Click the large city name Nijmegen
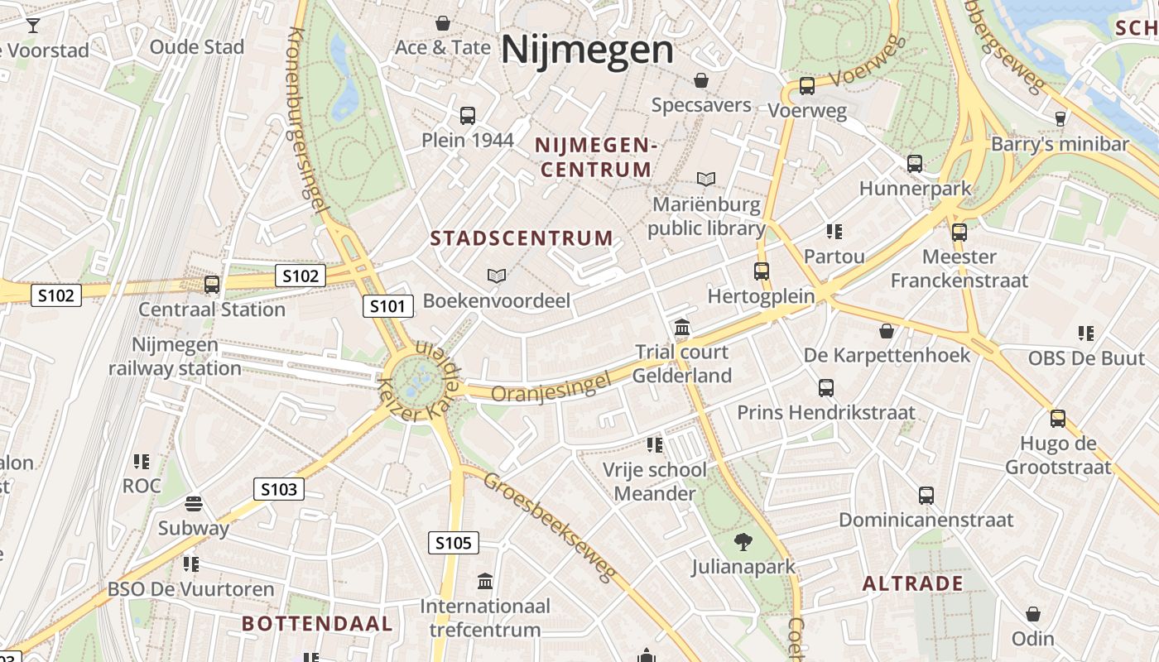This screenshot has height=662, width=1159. (587, 49)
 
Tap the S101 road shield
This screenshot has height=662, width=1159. (387, 307)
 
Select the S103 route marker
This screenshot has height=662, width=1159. (278, 489)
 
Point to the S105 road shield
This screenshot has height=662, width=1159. (453, 543)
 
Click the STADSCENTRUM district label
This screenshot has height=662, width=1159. (522, 239)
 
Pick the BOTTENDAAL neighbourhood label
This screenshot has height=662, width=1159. (317, 624)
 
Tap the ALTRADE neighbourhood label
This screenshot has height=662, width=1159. (912, 584)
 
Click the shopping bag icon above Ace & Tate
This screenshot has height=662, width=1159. (443, 23)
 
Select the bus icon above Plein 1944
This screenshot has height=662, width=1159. (468, 116)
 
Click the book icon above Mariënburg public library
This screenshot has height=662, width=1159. (705, 179)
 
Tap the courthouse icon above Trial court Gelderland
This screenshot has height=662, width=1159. (682, 328)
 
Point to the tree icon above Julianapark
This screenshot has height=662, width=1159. (743, 542)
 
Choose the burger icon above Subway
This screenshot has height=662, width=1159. (194, 503)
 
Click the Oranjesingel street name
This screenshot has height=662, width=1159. (551, 386)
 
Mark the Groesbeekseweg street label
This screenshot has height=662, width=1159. (551, 527)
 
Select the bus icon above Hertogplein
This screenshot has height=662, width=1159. (761, 271)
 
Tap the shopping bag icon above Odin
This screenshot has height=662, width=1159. (1032, 614)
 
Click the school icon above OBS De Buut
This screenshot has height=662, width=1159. (1085, 333)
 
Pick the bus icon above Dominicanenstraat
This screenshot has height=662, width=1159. (926, 495)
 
